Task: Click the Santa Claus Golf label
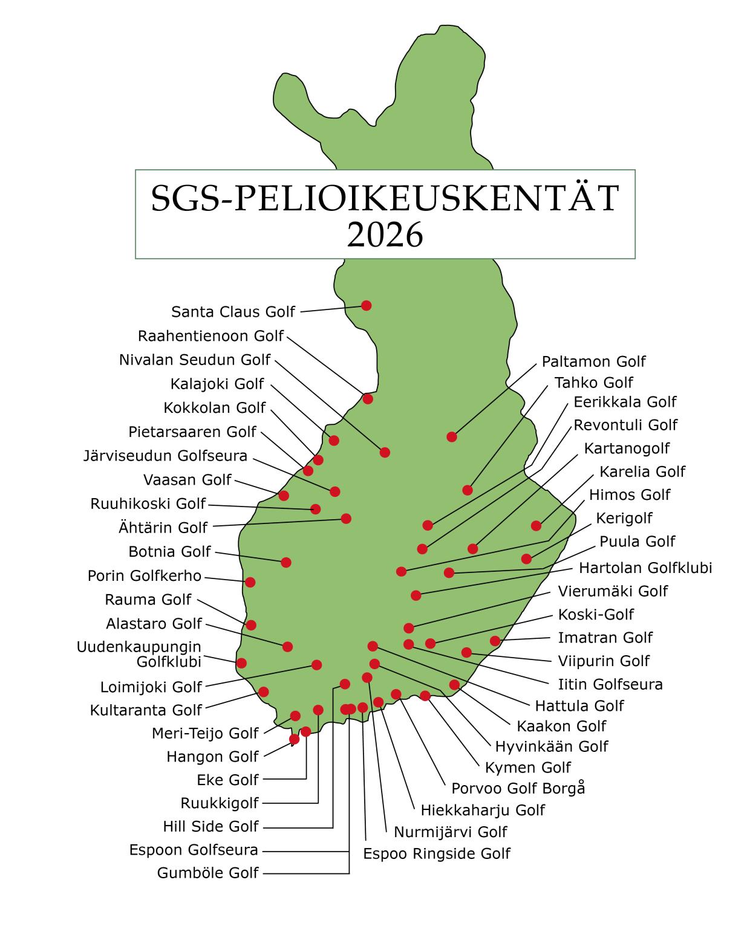(233, 312)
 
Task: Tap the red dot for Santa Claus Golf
(366, 305)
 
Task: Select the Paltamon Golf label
(593, 361)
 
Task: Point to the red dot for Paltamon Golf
(452, 437)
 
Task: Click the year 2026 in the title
(385, 236)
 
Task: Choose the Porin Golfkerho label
(145, 575)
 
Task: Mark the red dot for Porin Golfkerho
(250, 582)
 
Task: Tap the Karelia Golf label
(642, 471)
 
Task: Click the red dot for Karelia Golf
(536, 526)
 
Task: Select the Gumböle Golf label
(207, 873)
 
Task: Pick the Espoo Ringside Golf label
(437, 853)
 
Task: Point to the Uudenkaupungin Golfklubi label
(139, 654)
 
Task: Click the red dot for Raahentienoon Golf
(367, 399)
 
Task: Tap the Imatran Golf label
(605, 637)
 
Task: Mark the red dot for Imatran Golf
(495, 641)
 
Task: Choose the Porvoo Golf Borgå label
(518, 789)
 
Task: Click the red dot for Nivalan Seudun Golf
(385, 452)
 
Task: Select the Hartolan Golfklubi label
(645, 568)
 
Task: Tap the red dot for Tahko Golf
(467, 490)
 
